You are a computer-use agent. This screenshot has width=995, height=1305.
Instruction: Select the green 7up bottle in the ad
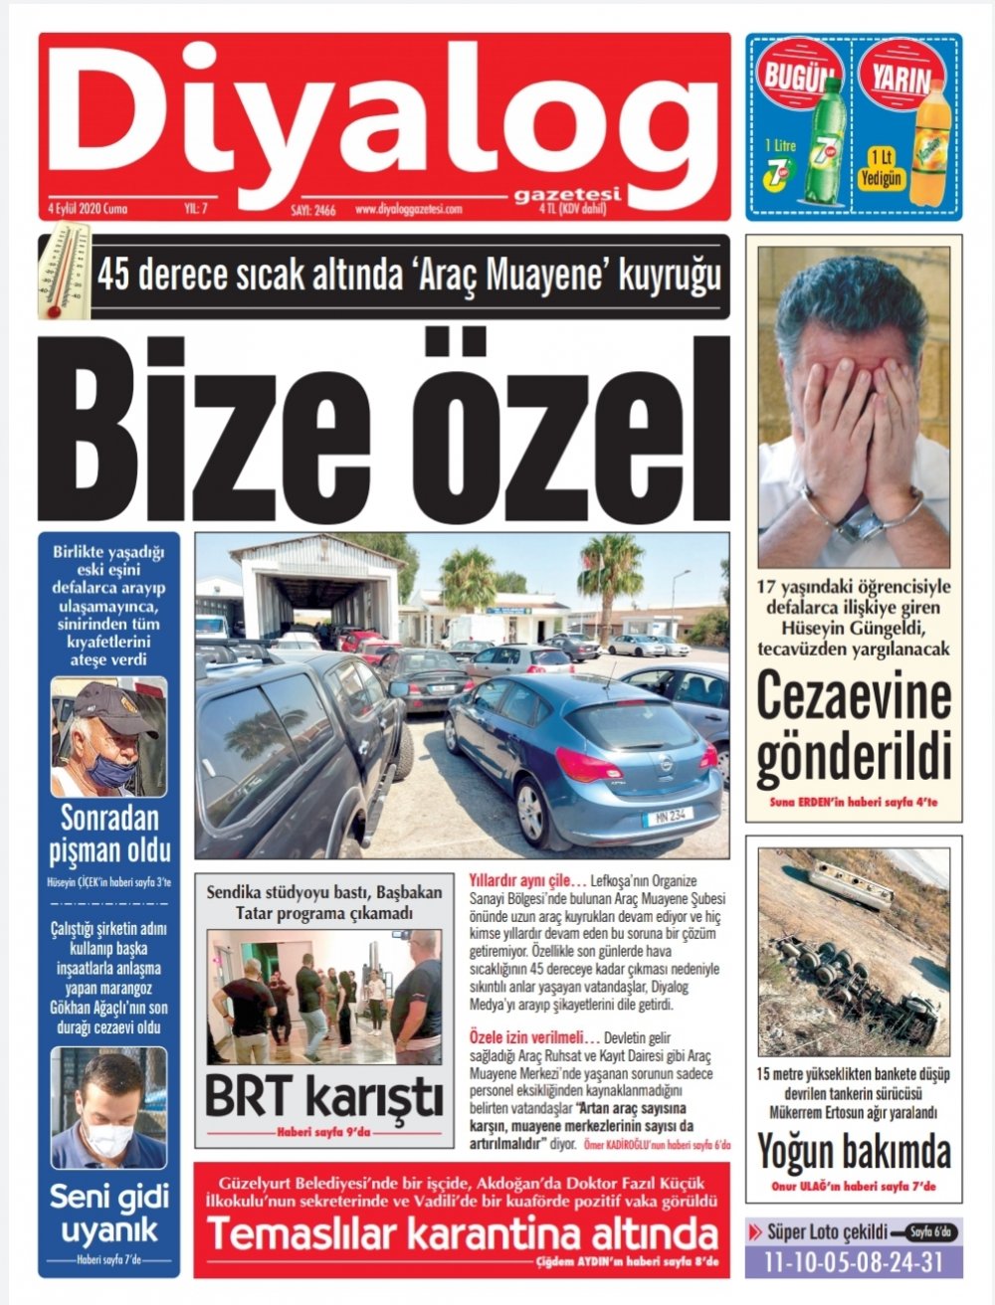(x=827, y=139)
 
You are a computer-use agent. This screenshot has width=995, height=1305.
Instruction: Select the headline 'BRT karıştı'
(x=323, y=1098)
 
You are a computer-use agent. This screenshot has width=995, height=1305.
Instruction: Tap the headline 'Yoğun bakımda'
(x=854, y=1152)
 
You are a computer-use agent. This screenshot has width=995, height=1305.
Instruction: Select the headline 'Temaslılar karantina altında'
(x=462, y=1234)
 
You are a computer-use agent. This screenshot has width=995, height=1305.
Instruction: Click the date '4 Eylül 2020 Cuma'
(x=88, y=210)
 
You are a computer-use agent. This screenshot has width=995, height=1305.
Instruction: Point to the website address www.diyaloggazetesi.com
(x=408, y=210)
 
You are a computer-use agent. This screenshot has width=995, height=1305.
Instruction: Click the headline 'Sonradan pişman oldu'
(x=109, y=836)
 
